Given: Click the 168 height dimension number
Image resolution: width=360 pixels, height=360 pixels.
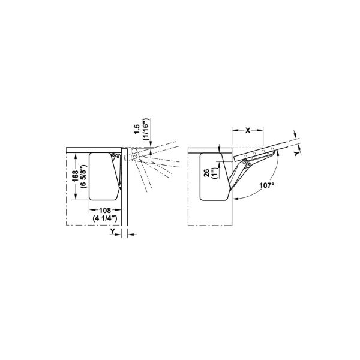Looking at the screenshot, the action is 75,176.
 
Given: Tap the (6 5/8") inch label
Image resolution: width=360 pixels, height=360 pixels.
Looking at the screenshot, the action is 83,176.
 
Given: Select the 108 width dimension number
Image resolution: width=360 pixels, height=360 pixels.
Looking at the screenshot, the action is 105,210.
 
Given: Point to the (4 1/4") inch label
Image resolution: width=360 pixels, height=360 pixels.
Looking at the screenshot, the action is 105,218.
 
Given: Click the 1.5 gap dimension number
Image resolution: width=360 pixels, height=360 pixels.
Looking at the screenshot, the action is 137,129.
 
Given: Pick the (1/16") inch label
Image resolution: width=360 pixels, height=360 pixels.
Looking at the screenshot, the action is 146,129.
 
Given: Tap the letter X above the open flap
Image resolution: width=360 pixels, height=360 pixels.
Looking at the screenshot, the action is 248,130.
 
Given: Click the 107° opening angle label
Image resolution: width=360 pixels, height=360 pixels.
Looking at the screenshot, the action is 267,185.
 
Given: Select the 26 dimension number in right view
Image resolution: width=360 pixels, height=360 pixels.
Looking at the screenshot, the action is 206,173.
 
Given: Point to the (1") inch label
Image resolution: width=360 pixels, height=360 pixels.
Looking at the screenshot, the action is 214,173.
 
